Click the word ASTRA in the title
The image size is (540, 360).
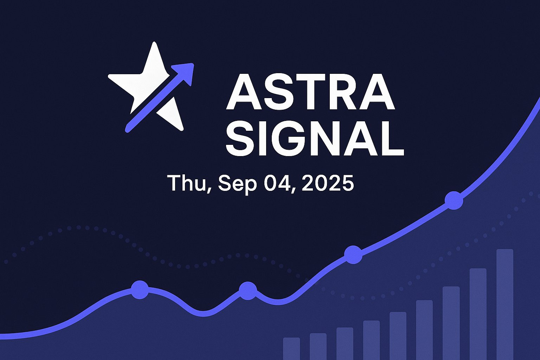pos(310,93)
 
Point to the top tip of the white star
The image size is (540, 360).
pos(154,43)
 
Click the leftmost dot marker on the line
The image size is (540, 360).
pos(140,290)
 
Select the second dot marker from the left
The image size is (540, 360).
pos(248,290)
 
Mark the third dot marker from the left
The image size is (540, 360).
pos(353,255)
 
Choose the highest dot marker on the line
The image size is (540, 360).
pos(454,200)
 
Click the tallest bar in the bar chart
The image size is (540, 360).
pos(505,304)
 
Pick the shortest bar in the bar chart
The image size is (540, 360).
pos(291,349)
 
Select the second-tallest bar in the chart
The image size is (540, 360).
pos(478,314)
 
